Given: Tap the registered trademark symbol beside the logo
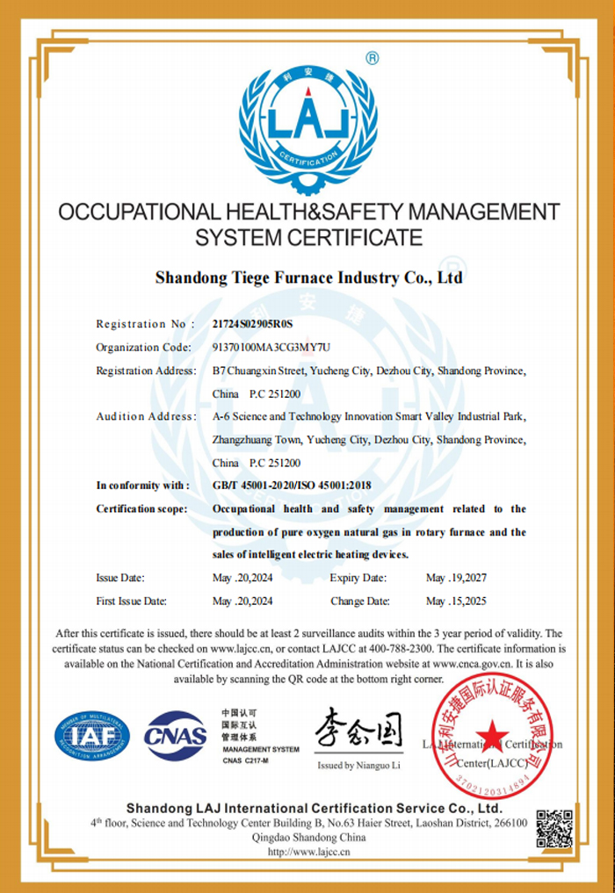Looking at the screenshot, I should click(372, 59).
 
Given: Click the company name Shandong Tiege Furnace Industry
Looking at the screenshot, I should click(307, 278).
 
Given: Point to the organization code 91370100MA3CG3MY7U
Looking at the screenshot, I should click(271, 348).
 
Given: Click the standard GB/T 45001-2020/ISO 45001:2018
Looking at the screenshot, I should click(292, 486).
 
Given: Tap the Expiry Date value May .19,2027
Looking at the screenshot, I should click(456, 578).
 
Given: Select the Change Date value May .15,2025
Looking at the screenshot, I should click(456, 601).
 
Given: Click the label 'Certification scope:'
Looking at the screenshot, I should click(141, 509).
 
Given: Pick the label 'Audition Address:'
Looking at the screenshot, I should click(146, 416).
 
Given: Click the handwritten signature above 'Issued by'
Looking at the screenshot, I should click(358, 728).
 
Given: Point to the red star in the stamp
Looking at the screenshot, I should click(493, 731).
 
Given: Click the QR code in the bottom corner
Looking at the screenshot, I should click(554, 828).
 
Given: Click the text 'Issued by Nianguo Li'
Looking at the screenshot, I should click(358, 766).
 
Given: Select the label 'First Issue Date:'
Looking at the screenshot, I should click(132, 601).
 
